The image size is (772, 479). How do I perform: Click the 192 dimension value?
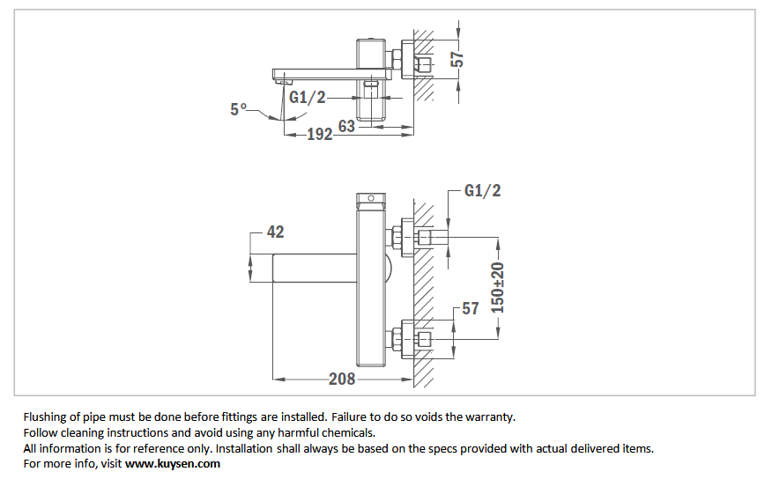point(320,134)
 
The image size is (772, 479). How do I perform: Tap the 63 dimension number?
point(346,127)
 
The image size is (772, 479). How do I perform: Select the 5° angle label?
point(238,108)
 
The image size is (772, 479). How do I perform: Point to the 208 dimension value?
point(342,379)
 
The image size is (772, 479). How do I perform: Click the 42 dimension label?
point(275,232)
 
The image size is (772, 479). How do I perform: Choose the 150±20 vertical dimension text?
point(498,288)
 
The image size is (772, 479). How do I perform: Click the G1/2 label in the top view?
point(308,98)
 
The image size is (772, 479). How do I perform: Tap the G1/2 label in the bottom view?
point(483,190)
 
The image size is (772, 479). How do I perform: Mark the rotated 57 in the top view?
point(457,60)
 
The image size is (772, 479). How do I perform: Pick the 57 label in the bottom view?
point(471,308)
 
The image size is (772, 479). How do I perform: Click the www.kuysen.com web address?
point(173,464)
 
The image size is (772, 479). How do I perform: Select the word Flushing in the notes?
point(45,417)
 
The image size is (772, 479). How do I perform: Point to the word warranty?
point(489,417)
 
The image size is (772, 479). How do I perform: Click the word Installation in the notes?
point(244,448)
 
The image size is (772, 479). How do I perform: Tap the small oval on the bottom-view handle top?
point(371,198)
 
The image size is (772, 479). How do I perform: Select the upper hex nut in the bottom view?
point(397,238)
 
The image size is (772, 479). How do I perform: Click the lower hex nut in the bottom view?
point(397,340)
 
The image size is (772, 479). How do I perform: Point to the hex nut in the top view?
point(397,60)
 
